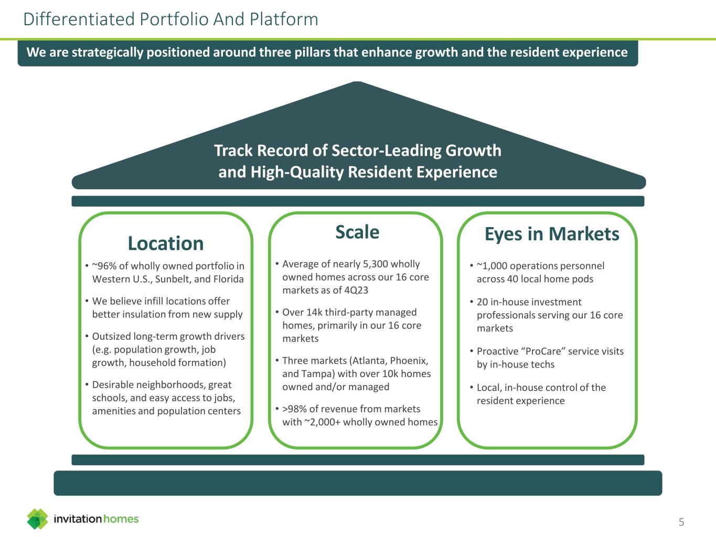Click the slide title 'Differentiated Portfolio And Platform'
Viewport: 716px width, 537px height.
(x=170, y=19)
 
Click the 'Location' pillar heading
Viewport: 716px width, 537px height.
(x=166, y=243)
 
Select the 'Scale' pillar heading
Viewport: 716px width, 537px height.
(x=357, y=232)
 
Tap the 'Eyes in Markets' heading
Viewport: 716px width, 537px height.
(x=552, y=234)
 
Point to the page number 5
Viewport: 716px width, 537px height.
(x=681, y=522)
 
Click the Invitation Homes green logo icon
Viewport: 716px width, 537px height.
(x=37, y=519)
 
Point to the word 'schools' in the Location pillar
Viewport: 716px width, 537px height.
(x=110, y=398)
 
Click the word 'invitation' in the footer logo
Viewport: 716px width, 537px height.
(x=78, y=519)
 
